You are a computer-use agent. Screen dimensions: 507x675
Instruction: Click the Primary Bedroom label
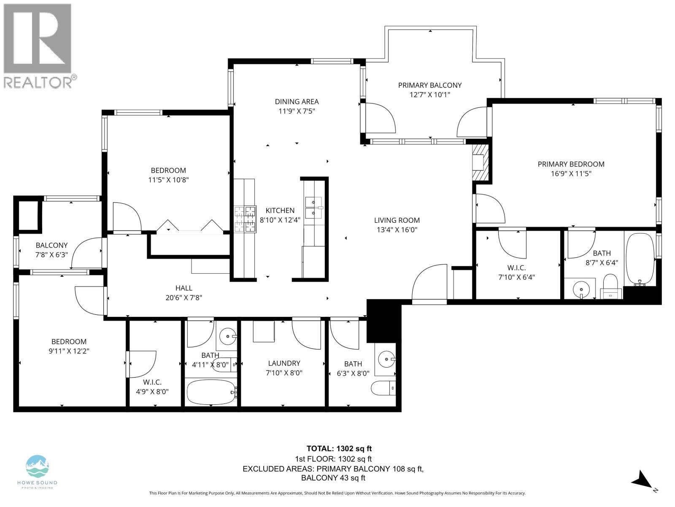(x=571, y=164)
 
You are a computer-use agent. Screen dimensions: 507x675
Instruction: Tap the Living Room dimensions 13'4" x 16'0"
(x=397, y=230)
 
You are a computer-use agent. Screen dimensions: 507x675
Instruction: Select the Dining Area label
(x=297, y=101)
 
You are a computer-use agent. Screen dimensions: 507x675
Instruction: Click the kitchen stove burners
(x=245, y=218)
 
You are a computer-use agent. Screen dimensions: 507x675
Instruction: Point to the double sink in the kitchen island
(x=313, y=207)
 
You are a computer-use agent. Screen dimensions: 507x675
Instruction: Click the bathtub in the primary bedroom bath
(x=640, y=259)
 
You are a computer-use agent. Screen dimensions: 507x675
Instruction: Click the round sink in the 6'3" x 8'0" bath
(x=386, y=360)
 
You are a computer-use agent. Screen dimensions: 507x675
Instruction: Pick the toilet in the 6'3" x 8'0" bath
(x=383, y=388)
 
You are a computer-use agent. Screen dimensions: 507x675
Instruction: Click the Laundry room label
(x=284, y=363)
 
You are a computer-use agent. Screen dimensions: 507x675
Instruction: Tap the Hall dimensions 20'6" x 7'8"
(x=184, y=297)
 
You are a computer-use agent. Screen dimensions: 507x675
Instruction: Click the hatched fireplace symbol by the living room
(x=480, y=162)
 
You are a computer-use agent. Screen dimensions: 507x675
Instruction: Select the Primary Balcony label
(x=429, y=85)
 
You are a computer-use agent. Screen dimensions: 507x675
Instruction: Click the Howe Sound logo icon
(x=37, y=467)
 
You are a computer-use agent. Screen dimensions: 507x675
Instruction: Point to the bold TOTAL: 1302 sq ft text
(x=339, y=449)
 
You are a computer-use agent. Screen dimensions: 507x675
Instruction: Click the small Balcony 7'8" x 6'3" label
(x=51, y=245)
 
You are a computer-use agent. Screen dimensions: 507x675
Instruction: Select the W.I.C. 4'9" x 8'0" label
(x=152, y=382)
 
